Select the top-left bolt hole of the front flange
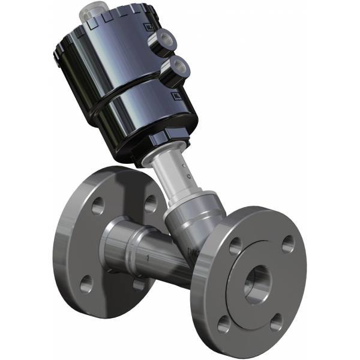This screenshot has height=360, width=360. click(235, 245)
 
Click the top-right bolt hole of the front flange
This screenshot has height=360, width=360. click(288, 243)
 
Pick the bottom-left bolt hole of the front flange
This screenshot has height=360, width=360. click(224, 324)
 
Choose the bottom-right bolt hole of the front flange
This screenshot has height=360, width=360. click(276, 323)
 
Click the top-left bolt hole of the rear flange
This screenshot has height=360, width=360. click(97, 206)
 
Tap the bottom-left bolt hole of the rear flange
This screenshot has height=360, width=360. click(86, 282)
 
